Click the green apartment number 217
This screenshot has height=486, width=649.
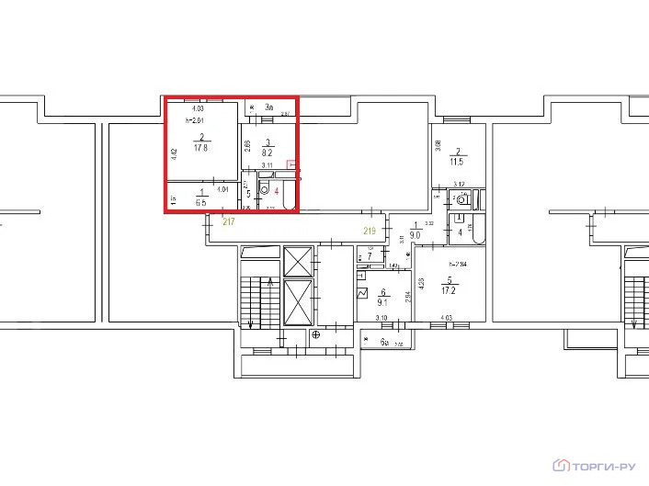[x=229, y=222]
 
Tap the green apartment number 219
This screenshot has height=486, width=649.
[x=370, y=230]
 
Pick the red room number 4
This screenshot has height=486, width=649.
[x=276, y=193]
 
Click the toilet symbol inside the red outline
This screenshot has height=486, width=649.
[x=265, y=190]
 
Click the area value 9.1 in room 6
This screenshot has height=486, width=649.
[x=384, y=299]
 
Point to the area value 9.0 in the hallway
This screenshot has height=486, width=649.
[x=416, y=234]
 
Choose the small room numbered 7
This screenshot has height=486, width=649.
[x=369, y=255]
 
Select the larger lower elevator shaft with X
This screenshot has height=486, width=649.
[x=300, y=301]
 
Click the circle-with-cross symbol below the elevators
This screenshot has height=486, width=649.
[x=315, y=335]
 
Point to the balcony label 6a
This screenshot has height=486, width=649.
[x=386, y=343]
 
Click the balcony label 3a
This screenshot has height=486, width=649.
[x=269, y=107]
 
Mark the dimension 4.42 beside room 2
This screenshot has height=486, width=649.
[x=173, y=153]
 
